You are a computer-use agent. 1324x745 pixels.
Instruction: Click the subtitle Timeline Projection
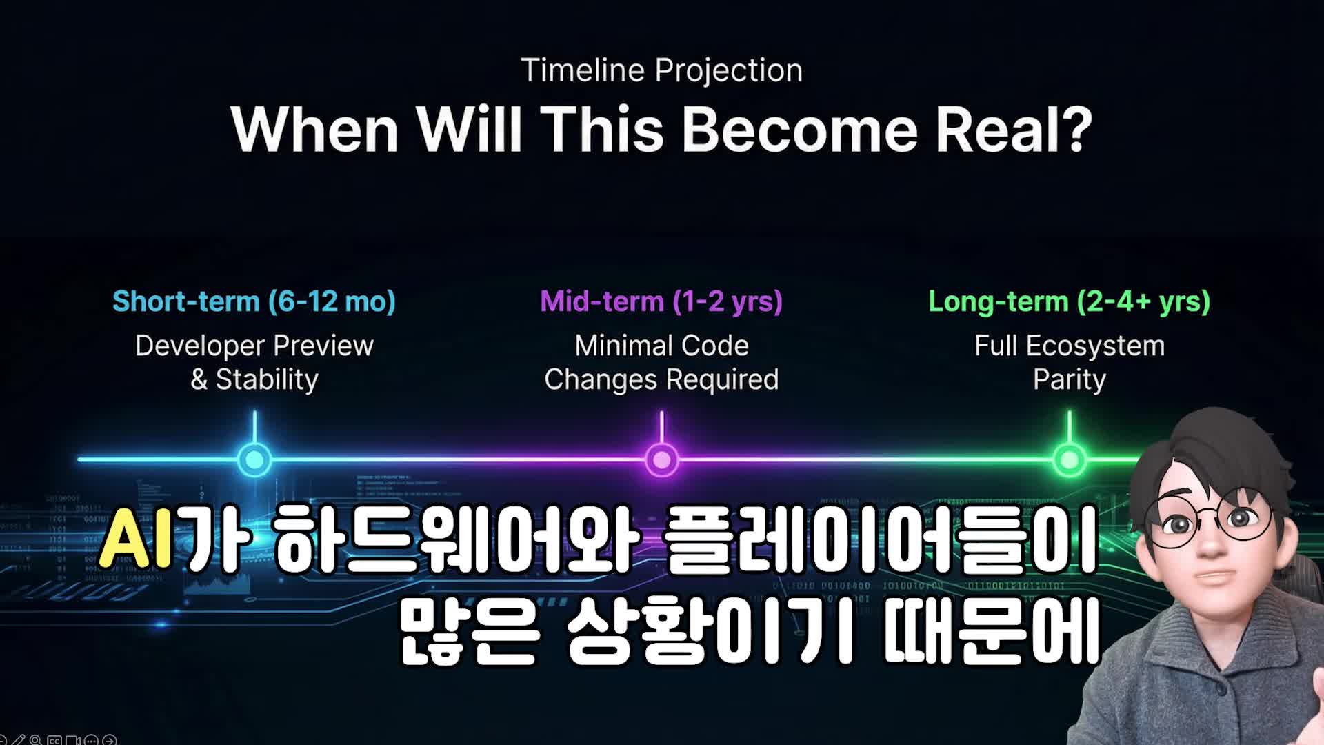661,70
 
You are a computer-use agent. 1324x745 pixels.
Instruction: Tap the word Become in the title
800,130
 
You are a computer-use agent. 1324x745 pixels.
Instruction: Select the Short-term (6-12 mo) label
254,301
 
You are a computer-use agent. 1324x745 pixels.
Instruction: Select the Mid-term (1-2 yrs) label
661,301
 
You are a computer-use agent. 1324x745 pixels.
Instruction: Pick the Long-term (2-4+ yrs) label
1069,301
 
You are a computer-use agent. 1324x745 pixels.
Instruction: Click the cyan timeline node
254,459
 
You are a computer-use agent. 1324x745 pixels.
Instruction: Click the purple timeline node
661,459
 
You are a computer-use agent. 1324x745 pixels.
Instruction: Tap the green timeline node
1070,459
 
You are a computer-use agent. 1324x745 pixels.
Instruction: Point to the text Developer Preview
254,346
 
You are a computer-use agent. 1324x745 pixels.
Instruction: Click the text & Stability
254,379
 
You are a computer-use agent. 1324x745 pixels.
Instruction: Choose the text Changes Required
661,379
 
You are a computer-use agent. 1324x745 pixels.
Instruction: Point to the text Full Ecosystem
1069,346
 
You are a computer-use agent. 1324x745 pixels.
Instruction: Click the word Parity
1069,379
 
